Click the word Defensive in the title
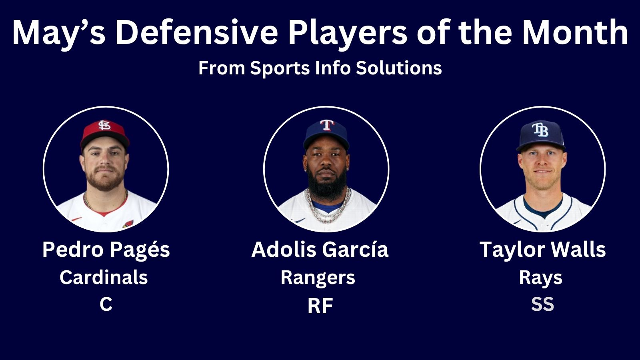(196, 32)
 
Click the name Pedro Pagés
(106, 250)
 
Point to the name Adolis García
(320, 249)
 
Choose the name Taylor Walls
(542, 250)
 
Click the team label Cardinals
(104, 277)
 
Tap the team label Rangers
(318, 278)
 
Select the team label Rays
(540, 278)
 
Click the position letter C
(106, 304)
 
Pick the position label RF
(320, 306)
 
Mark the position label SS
(542, 304)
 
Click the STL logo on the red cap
(104, 125)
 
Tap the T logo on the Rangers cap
(327, 125)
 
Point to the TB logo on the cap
(540, 130)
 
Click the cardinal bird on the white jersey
(128, 224)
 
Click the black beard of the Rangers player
(326, 183)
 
